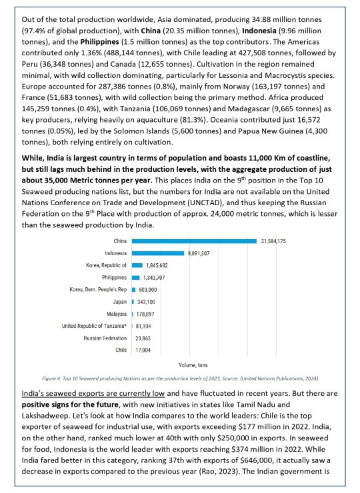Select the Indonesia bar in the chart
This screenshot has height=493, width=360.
(157, 253)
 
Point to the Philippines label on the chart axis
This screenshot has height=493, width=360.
(114, 277)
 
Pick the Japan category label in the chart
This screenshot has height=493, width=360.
(120, 301)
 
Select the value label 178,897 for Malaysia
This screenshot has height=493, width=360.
(147, 313)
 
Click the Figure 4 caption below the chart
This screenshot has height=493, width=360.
(180, 378)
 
